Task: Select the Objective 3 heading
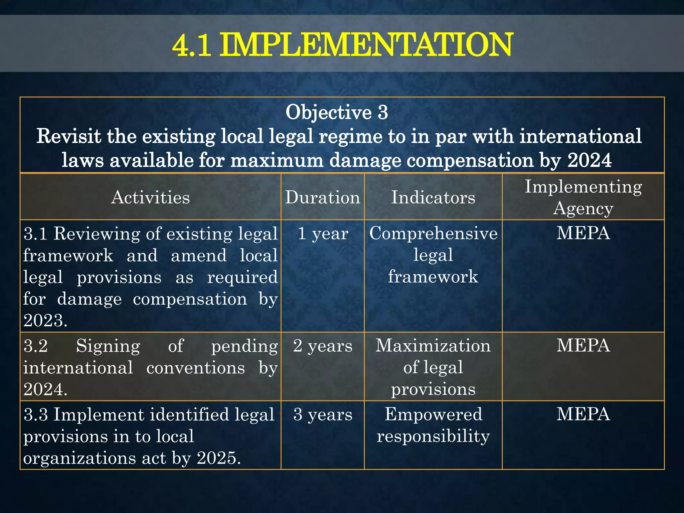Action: tap(337, 112)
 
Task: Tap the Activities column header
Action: tap(150, 197)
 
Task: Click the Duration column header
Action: tap(323, 197)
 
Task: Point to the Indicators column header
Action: tap(433, 197)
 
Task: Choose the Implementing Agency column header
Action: tap(583, 197)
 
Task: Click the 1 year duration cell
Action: tap(323, 233)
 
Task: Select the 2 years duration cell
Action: tap(323, 346)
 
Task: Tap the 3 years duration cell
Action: tap(323, 414)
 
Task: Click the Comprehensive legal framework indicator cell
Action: tap(433, 255)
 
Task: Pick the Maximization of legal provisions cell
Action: tap(433, 367)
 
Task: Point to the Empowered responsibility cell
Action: tap(433, 425)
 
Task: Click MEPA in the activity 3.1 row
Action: tap(583, 233)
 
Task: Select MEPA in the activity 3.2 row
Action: tap(583, 346)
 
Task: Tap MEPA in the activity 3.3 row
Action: tap(583, 414)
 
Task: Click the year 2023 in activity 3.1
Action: tap(43, 321)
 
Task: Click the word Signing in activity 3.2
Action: tap(108, 346)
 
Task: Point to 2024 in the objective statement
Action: tap(589, 160)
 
